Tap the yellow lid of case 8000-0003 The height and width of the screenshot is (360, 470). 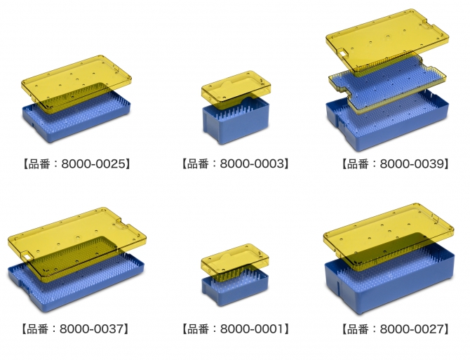pyautogui.click(x=236, y=89)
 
